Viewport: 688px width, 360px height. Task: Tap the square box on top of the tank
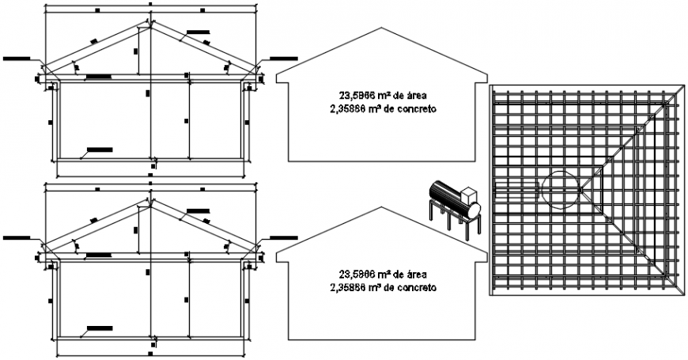click(470, 195)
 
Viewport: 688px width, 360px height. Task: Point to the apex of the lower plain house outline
click(381, 208)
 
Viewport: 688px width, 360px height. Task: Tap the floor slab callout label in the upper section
click(99, 149)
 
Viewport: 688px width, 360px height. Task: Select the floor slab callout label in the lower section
click(99, 327)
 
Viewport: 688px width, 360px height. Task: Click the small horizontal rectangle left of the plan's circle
click(517, 189)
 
